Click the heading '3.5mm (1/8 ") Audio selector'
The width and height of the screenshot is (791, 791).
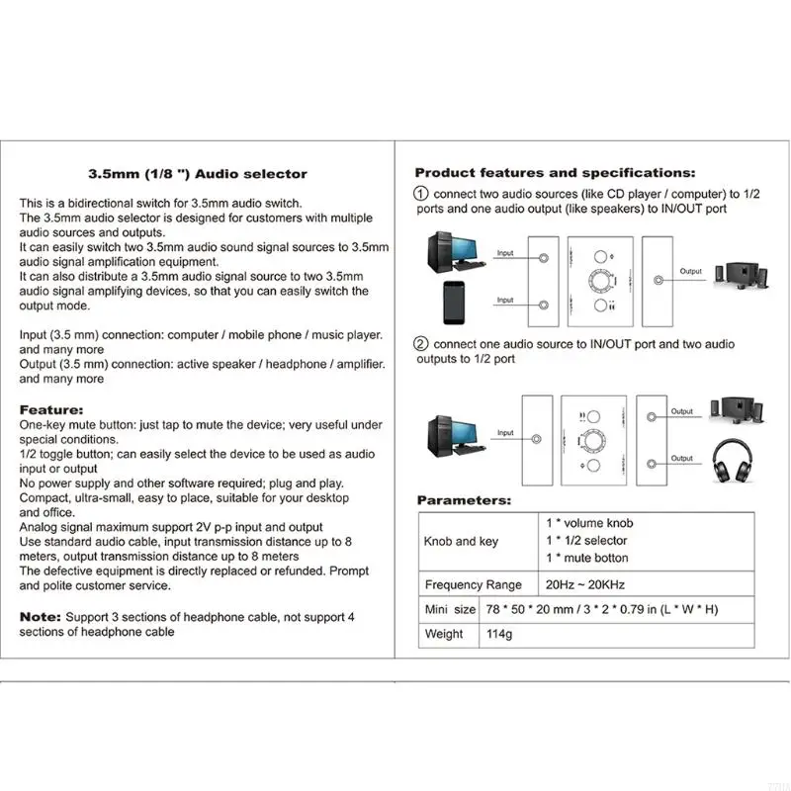pos(199,174)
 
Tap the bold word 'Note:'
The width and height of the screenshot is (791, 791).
pos(40,617)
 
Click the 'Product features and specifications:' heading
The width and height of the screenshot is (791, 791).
pos(555,173)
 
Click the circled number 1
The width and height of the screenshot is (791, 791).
pos(421,194)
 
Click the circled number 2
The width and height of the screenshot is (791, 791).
pos(421,345)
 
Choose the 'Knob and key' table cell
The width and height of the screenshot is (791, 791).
pos(461,542)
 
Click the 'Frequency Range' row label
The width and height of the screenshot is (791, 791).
pos(474,584)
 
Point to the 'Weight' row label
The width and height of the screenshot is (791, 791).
pos(443,634)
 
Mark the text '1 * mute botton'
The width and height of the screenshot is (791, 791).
pos(588,559)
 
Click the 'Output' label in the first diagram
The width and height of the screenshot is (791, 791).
pos(691,271)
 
